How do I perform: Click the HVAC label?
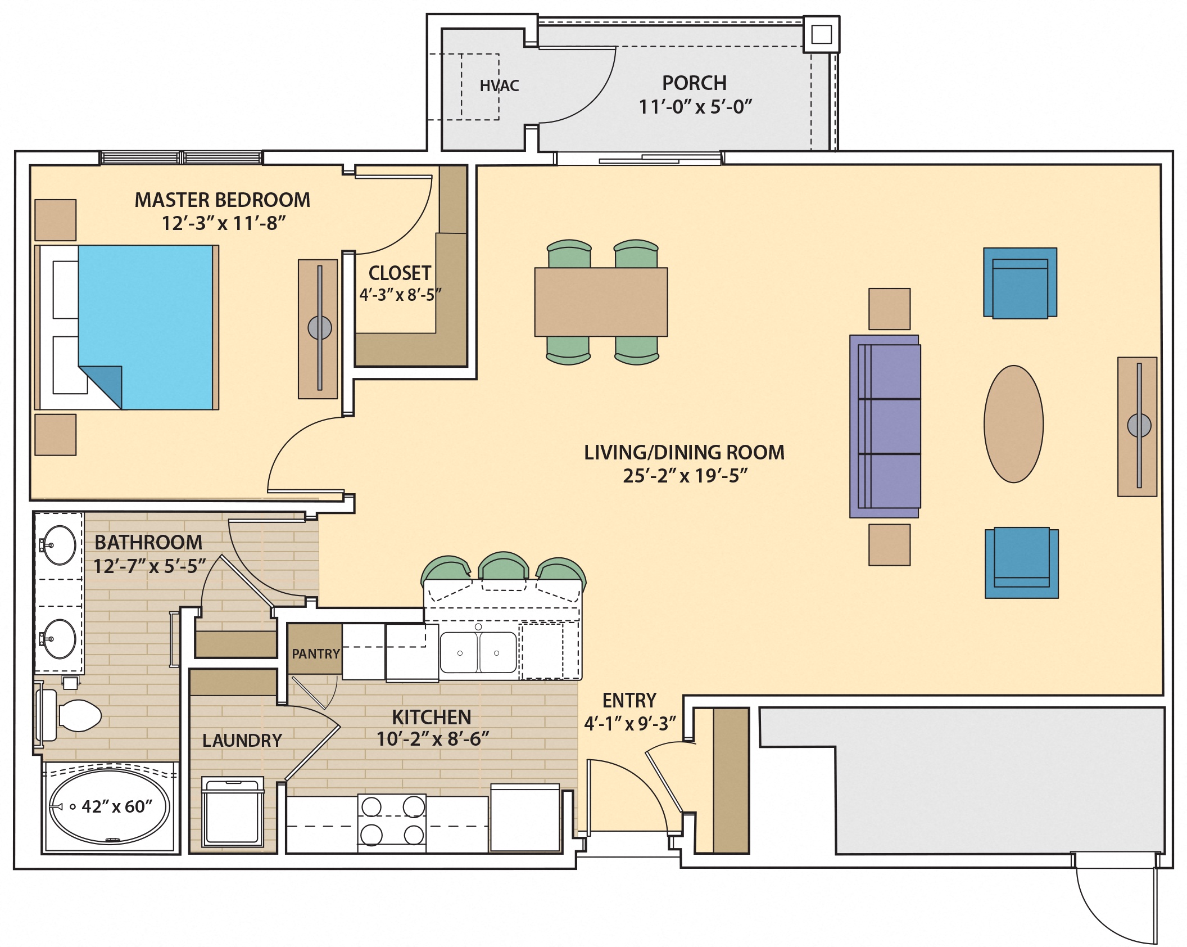(499, 85)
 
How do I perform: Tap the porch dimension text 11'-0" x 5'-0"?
(695, 106)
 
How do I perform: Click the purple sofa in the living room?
(885, 426)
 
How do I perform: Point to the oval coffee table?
(1013, 423)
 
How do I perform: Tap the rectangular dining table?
(600, 302)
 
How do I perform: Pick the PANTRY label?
(315, 653)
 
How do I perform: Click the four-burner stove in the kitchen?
(392, 821)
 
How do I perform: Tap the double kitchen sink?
(478, 652)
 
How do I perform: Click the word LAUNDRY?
(242, 740)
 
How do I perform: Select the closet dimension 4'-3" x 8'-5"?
(400, 295)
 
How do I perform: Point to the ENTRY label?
(629, 700)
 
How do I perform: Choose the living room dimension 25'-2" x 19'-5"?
(685, 476)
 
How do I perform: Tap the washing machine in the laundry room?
(233, 812)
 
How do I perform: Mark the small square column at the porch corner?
(821, 34)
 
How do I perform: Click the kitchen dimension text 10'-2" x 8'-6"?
(432, 739)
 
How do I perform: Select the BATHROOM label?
(148, 542)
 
